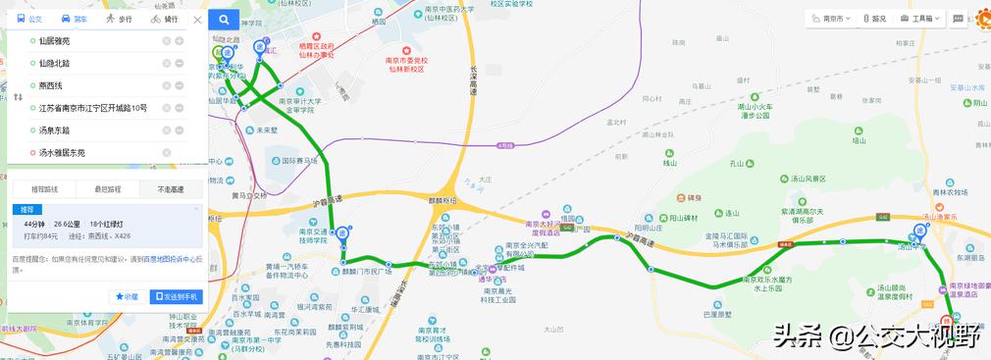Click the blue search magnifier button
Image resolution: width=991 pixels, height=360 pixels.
point(224,20)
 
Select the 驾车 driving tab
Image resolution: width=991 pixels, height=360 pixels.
point(73,20)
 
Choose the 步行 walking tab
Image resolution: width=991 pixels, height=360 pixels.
point(118,20)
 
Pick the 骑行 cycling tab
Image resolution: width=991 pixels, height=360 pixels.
point(165,20)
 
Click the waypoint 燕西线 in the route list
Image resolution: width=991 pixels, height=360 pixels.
point(57,85)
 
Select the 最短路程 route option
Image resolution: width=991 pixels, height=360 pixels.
point(107,188)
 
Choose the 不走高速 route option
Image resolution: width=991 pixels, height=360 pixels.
point(170,188)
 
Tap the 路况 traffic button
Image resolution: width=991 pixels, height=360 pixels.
point(875,19)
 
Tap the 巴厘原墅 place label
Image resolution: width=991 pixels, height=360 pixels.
point(718,315)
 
